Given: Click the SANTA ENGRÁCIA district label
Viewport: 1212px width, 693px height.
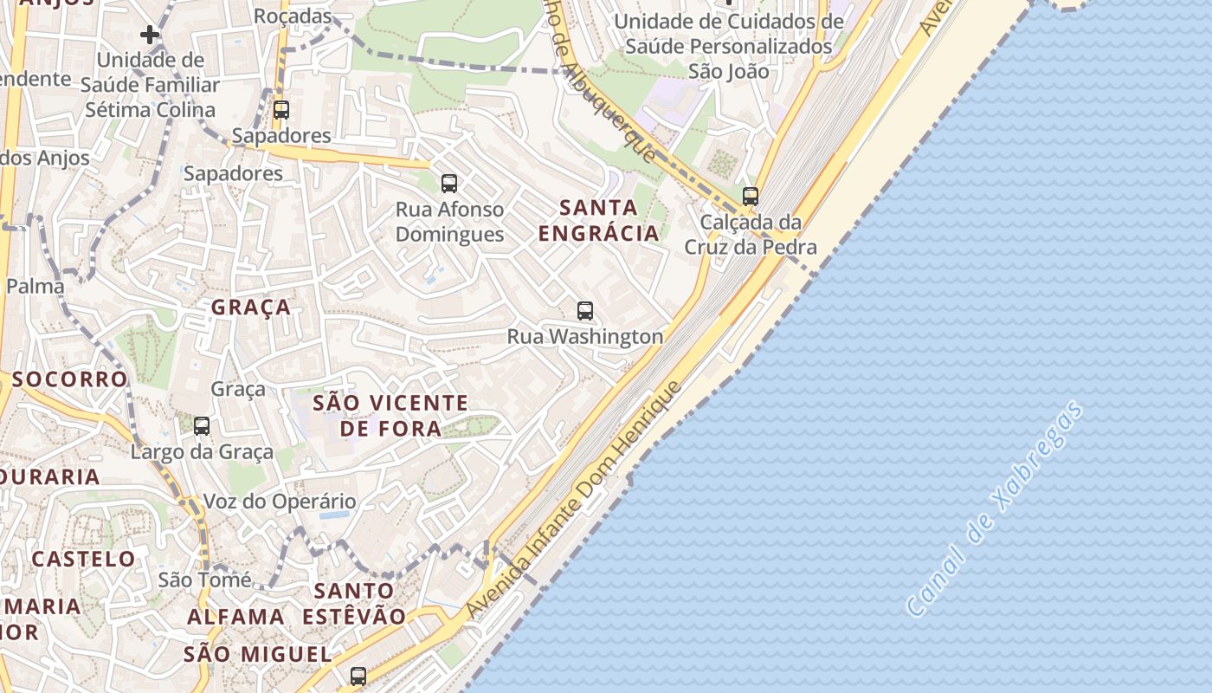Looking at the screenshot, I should (x=598, y=220).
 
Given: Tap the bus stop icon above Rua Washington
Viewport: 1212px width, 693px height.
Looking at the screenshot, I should (x=585, y=311).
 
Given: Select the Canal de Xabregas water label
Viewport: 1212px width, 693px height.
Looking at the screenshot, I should (x=994, y=508).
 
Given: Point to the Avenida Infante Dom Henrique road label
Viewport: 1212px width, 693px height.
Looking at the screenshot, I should (x=572, y=501).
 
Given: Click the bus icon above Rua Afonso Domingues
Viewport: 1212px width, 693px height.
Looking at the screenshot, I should (x=448, y=183).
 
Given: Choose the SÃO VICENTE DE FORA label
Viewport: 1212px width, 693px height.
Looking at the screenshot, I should (x=390, y=415).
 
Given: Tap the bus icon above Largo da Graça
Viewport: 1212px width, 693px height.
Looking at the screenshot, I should (x=202, y=425).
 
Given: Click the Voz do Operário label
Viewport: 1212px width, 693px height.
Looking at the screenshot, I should (x=279, y=502).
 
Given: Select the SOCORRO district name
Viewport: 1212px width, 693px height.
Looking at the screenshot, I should (x=69, y=379).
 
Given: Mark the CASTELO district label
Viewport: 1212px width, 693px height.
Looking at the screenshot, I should (x=83, y=559).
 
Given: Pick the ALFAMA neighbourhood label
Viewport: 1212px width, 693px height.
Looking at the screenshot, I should (x=235, y=617).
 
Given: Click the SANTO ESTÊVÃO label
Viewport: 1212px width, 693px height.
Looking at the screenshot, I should (x=354, y=604).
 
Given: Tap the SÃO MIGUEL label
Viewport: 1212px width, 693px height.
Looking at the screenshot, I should (x=257, y=654).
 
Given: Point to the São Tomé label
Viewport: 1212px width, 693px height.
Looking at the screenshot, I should (x=204, y=580).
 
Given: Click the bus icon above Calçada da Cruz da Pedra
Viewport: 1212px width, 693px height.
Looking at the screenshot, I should (x=750, y=196).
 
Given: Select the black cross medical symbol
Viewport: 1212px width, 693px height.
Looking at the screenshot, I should (x=150, y=35).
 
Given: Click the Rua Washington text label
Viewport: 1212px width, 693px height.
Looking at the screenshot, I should (x=585, y=336).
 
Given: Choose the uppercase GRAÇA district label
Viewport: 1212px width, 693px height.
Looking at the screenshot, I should (x=251, y=308).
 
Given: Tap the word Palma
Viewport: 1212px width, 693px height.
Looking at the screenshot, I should (x=35, y=286).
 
